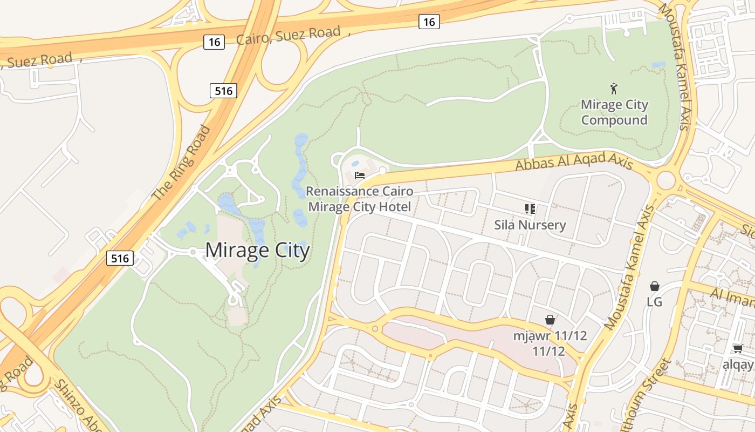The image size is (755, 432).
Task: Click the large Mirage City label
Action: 257,251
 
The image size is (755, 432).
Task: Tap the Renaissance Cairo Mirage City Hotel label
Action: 359,199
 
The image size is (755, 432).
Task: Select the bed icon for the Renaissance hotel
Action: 360,175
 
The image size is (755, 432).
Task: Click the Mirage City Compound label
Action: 614,112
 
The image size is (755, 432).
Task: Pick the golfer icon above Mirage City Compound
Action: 614,88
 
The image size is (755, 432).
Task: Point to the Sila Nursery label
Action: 530,225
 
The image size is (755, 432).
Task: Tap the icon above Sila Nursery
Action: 530,208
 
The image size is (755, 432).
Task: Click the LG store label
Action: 654,302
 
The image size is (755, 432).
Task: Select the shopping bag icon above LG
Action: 655,286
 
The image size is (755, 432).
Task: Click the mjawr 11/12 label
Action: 550,343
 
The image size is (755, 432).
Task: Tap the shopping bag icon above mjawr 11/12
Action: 550,320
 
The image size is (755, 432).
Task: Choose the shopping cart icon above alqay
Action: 738,349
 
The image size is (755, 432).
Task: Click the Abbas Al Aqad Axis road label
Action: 574,160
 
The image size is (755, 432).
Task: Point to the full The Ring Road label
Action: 181,163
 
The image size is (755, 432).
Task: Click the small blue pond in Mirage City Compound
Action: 658,65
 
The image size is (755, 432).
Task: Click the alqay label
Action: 738,365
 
